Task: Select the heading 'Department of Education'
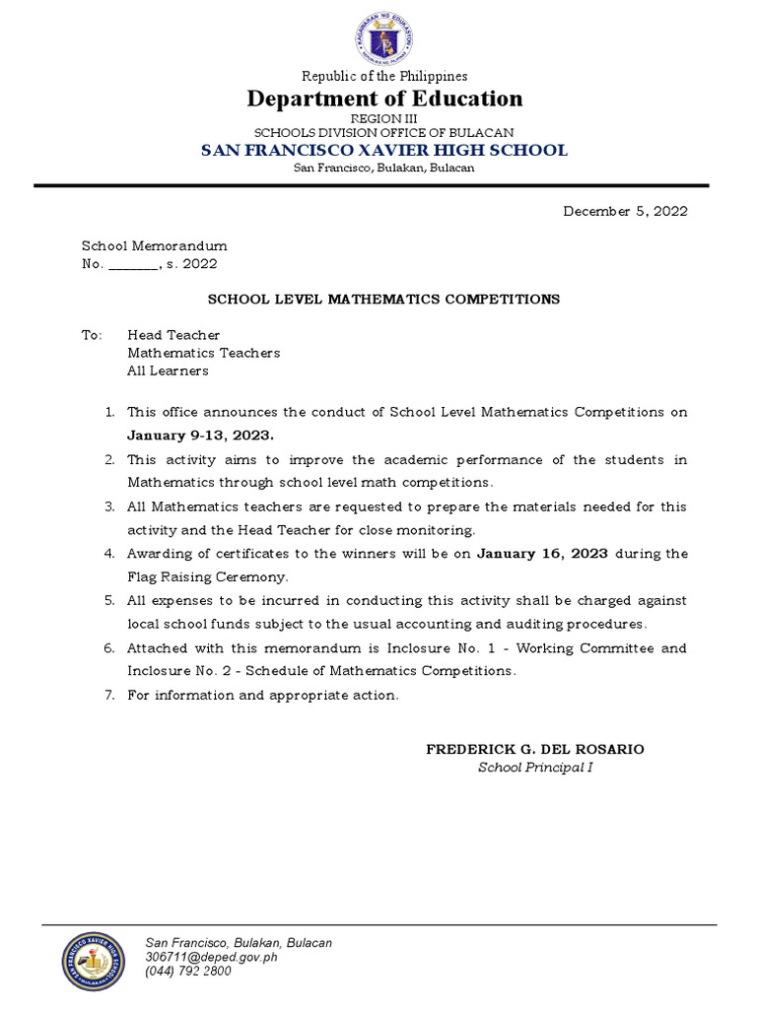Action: pos(383,99)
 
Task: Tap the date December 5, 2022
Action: pos(625,211)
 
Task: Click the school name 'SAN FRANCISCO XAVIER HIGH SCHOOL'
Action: pos(383,150)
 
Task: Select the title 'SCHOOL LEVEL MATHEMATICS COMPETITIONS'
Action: pos(383,299)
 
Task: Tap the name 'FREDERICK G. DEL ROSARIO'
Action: pos(535,749)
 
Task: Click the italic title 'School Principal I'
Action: pos(535,768)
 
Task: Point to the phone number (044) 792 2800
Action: pos(188,971)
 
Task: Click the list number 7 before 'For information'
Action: pos(109,695)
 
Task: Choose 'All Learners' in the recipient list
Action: pos(168,370)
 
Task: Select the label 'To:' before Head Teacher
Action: pos(92,335)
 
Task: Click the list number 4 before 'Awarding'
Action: pos(109,553)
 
